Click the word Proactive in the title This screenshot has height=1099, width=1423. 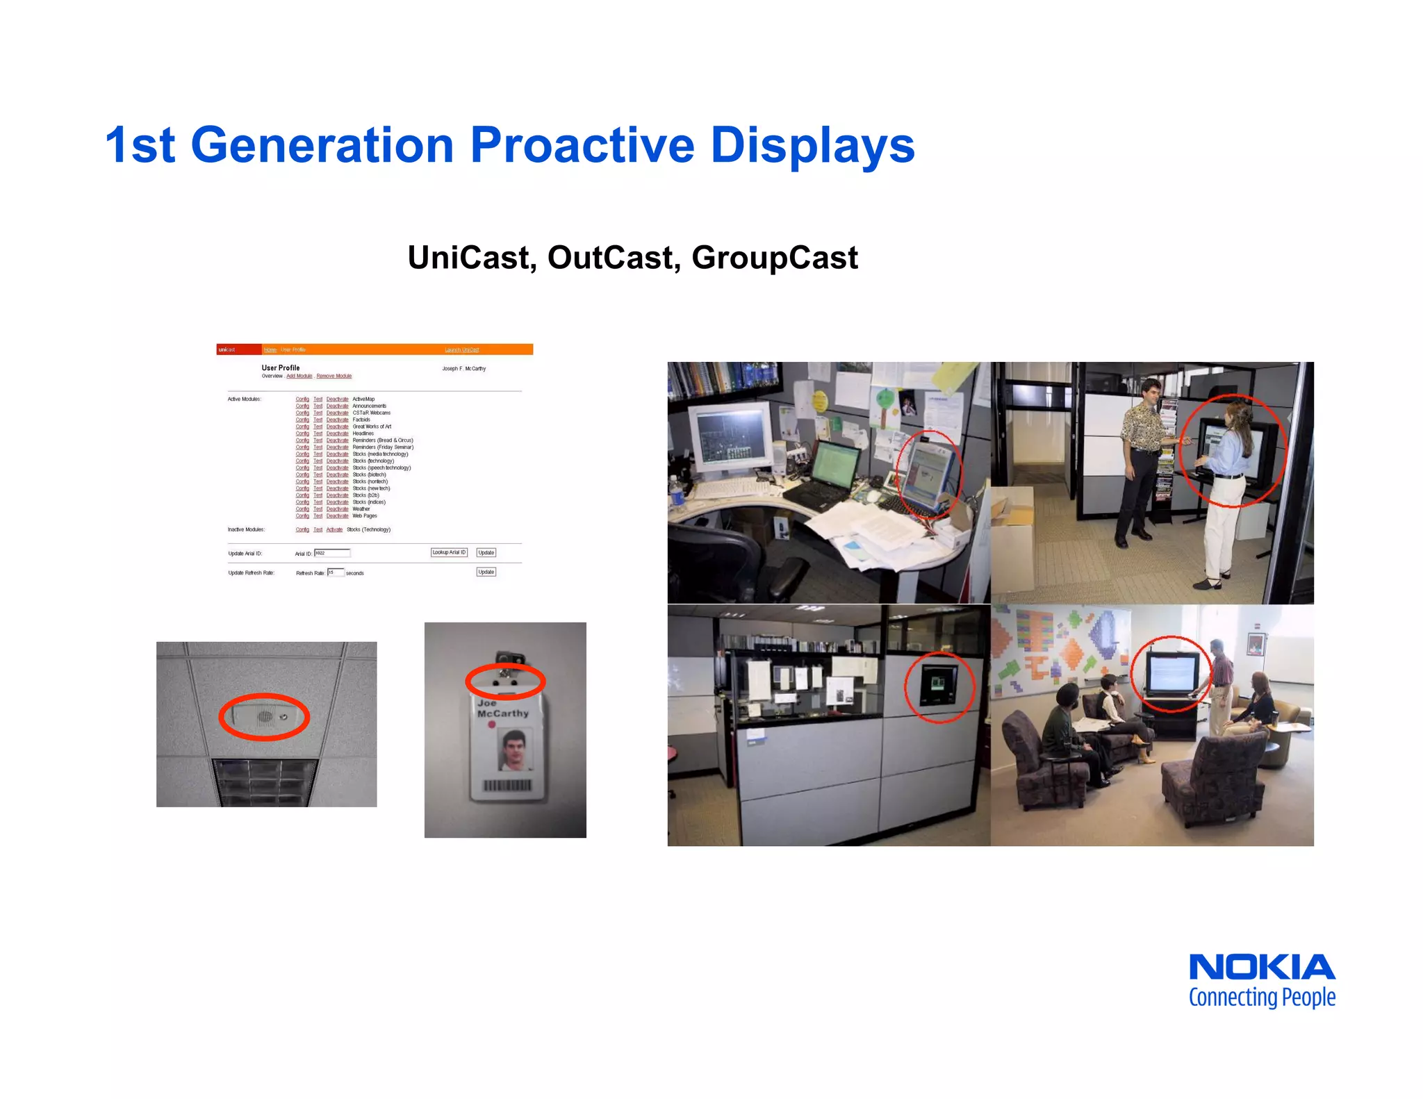(x=582, y=146)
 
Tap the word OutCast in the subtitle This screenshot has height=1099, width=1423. (x=611, y=258)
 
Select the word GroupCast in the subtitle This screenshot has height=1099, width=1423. (x=774, y=258)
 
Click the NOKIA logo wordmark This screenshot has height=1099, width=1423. (x=1261, y=968)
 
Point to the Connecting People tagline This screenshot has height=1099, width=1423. (x=1261, y=998)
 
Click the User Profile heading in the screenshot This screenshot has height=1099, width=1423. (x=281, y=367)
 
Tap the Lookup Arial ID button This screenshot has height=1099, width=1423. (x=449, y=552)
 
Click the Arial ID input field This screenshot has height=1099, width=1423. (x=332, y=553)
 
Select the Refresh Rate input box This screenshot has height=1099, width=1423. (x=335, y=572)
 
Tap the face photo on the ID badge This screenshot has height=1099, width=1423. (x=515, y=749)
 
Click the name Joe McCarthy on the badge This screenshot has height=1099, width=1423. (x=502, y=709)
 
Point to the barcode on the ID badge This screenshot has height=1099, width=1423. (x=507, y=785)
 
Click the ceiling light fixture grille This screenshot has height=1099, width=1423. (x=265, y=781)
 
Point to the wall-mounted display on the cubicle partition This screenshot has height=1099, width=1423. (x=938, y=684)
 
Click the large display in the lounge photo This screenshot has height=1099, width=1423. (x=1171, y=673)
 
